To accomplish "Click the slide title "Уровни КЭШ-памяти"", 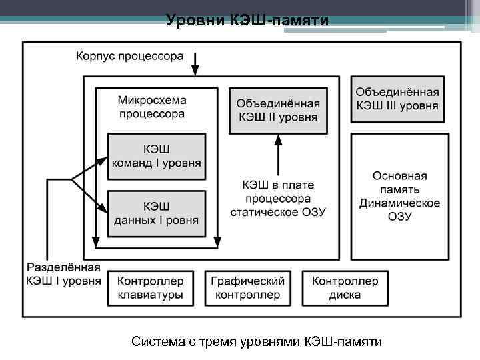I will [x=247, y=21].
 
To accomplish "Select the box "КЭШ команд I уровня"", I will [x=157, y=157].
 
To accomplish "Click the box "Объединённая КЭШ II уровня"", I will [x=279, y=111].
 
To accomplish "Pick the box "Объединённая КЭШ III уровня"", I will [x=397, y=99].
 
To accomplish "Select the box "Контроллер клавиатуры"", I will [x=151, y=288].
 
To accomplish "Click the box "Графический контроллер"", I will [x=248, y=288].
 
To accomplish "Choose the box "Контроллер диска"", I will [x=345, y=288].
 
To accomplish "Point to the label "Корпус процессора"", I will [x=129, y=57].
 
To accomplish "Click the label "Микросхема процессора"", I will [x=152, y=107].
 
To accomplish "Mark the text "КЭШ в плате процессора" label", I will [x=278, y=192].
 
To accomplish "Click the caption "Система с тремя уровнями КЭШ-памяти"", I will [x=257, y=342].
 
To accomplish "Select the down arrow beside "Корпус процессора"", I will [x=195, y=65].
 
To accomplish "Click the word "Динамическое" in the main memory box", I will [x=399, y=203].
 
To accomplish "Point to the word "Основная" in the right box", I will [x=399, y=177].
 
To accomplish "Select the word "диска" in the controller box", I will [x=345, y=295].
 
